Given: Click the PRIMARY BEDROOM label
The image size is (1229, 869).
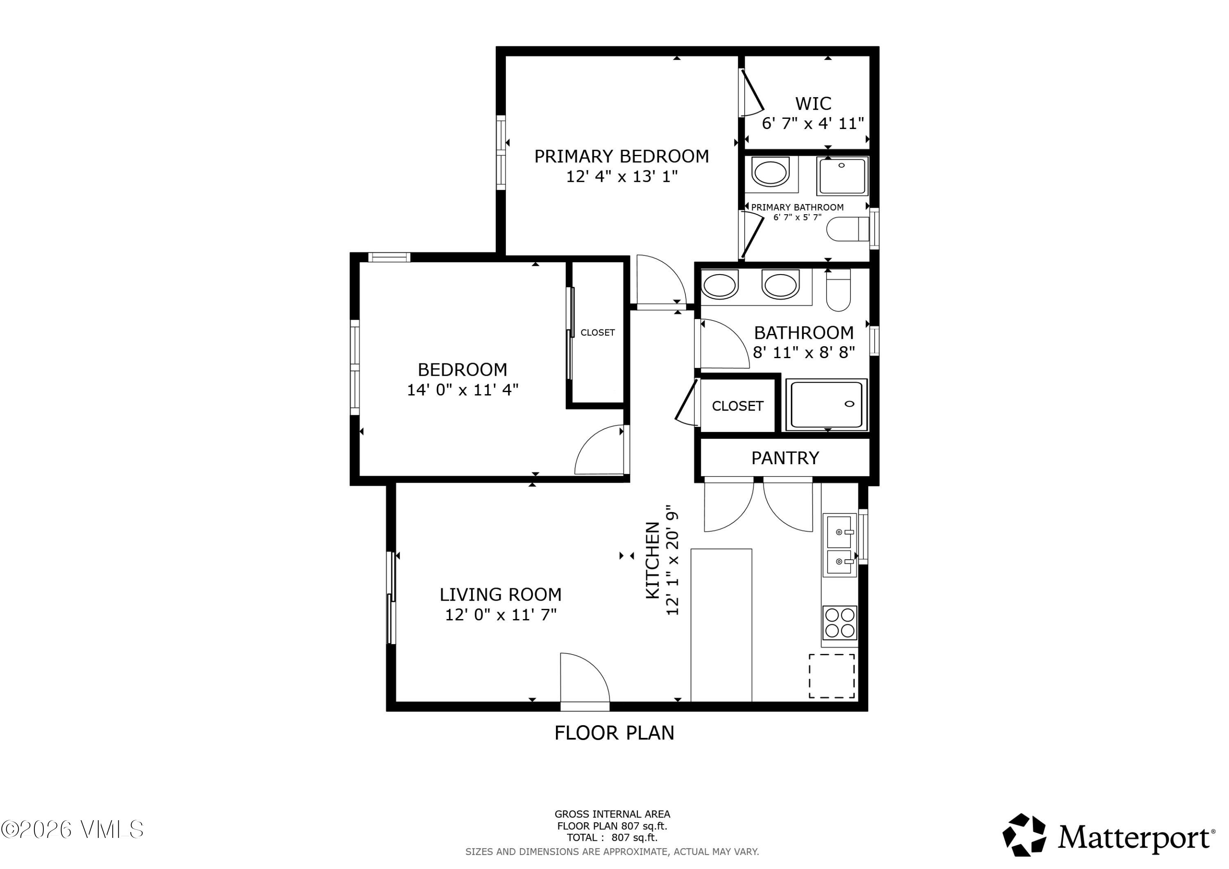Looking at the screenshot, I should pyautogui.click(x=621, y=157).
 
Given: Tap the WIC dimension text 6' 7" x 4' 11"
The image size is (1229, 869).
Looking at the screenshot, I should pyautogui.click(x=812, y=124).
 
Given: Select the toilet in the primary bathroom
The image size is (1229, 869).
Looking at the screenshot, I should pyautogui.click(x=848, y=229).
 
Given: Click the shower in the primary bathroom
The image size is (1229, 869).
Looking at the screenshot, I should pyautogui.click(x=842, y=176).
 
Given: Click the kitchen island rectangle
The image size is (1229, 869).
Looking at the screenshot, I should pyautogui.click(x=721, y=625).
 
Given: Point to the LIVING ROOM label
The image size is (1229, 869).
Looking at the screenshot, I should pyautogui.click(x=501, y=595).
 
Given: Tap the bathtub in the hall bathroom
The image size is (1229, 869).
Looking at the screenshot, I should pyautogui.click(x=826, y=405).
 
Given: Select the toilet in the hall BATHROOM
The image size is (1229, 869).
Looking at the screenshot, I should pyautogui.click(x=838, y=290).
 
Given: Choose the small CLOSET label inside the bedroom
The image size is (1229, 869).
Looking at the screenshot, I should pyautogui.click(x=597, y=333).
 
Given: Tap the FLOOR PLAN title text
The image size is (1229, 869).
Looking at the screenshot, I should pyautogui.click(x=614, y=733).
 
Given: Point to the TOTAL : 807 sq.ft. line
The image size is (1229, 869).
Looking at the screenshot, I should pyautogui.click(x=612, y=838).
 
